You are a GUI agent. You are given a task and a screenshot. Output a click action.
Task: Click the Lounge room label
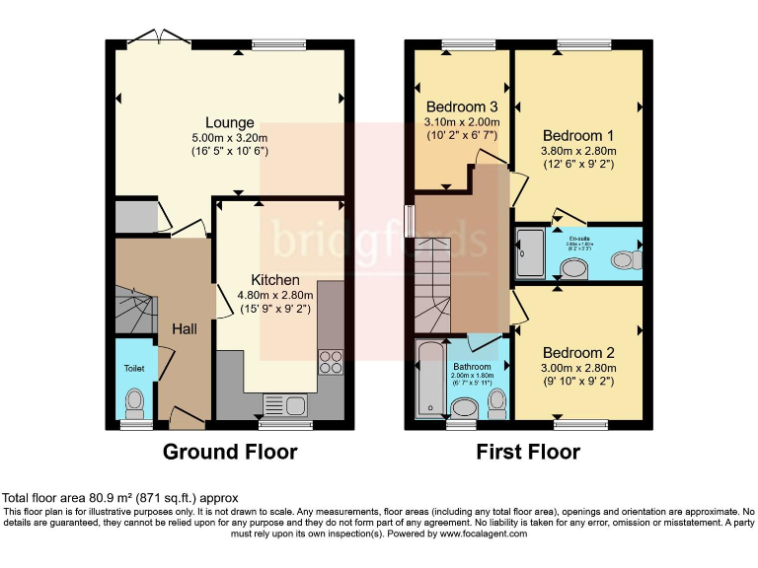[230, 123]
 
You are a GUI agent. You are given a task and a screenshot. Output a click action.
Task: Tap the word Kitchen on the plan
[274, 280]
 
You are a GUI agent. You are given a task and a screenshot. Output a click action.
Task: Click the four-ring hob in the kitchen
[329, 362]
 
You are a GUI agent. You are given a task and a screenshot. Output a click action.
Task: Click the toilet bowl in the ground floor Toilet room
[135, 401]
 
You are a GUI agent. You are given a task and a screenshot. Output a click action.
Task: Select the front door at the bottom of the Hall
[184, 418]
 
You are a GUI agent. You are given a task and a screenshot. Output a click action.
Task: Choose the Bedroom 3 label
[461, 107]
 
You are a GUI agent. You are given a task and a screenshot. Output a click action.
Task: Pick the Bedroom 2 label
[578, 353]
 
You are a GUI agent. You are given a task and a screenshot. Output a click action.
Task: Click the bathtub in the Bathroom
[430, 380]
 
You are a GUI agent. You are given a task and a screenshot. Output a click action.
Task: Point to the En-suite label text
[579, 238]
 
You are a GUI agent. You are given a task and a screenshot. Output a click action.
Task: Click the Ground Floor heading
[229, 452]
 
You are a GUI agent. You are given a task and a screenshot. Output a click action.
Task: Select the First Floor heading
[528, 452]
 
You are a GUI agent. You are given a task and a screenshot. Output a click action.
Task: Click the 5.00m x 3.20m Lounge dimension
[230, 138]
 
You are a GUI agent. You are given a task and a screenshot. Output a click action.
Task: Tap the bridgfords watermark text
[379, 241]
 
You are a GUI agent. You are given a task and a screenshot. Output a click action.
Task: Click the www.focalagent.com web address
[472, 533]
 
